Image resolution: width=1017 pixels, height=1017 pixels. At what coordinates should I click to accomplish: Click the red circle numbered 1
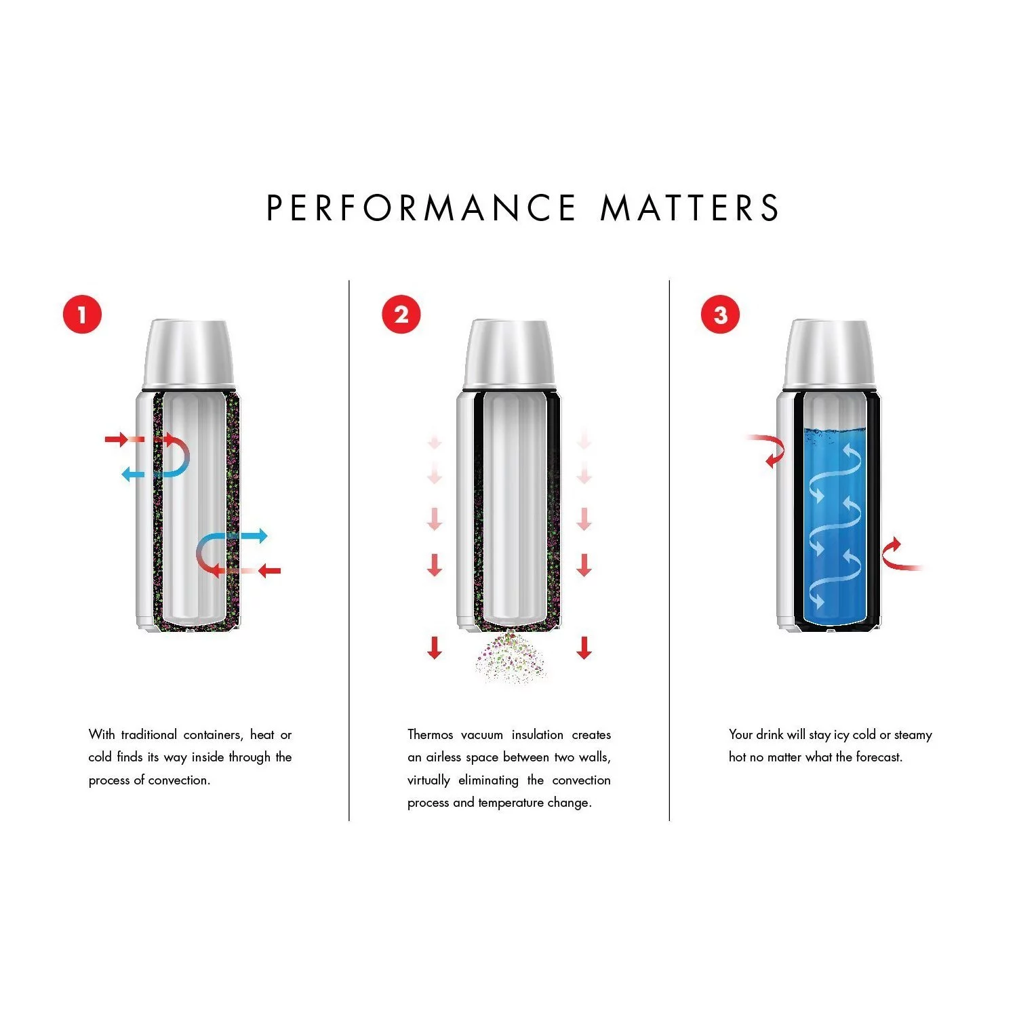(82, 315)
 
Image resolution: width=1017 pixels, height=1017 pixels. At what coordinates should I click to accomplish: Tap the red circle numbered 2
(401, 315)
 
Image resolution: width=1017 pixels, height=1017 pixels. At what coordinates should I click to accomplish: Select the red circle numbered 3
(720, 315)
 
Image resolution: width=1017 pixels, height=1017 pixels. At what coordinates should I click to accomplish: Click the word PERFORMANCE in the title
(421, 207)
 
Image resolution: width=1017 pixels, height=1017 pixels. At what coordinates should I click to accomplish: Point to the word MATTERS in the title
(690, 207)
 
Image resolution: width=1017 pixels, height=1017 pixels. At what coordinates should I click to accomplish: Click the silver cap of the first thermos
(188, 354)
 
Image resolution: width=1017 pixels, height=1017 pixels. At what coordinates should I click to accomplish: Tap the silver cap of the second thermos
(509, 354)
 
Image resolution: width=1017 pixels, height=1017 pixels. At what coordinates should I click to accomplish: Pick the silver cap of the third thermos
(829, 354)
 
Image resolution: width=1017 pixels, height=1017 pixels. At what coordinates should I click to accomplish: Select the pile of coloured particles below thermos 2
(511, 658)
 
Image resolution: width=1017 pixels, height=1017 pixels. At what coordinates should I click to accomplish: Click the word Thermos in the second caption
(430, 735)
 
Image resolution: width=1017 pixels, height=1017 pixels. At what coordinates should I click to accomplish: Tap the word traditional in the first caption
(148, 735)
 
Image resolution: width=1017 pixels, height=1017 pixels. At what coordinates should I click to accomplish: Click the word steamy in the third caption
(913, 735)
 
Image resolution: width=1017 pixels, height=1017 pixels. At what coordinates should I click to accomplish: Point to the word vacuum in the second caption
(482, 735)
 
